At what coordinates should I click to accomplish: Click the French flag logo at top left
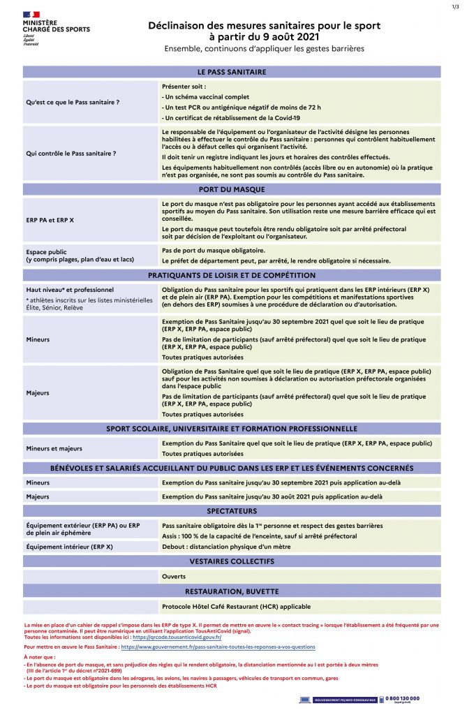click(x=32, y=14)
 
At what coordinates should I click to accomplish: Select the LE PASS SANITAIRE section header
click(x=232, y=72)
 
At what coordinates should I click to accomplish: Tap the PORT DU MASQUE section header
click(x=232, y=189)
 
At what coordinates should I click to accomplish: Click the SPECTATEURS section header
click(x=232, y=511)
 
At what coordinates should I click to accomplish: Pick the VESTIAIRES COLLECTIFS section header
click(x=232, y=561)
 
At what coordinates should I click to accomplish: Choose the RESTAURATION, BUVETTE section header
click(x=232, y=591)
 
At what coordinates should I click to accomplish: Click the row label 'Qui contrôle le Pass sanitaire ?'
click(x=71, y=152)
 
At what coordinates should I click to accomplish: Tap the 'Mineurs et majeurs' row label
click(x=54, y=448)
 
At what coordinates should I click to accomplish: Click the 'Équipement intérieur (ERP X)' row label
click(x=69, y=547)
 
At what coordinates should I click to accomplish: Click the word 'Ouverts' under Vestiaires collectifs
click(x=174, y=577)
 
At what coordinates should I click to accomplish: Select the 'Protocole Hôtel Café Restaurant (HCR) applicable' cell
click(x=236, y=606)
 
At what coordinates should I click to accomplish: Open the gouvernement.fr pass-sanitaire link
click(x=218, y=647)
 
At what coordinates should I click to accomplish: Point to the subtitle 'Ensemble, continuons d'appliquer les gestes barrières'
click(x=264, y=49)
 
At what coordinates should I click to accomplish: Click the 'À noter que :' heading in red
click(x=39, y=658)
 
